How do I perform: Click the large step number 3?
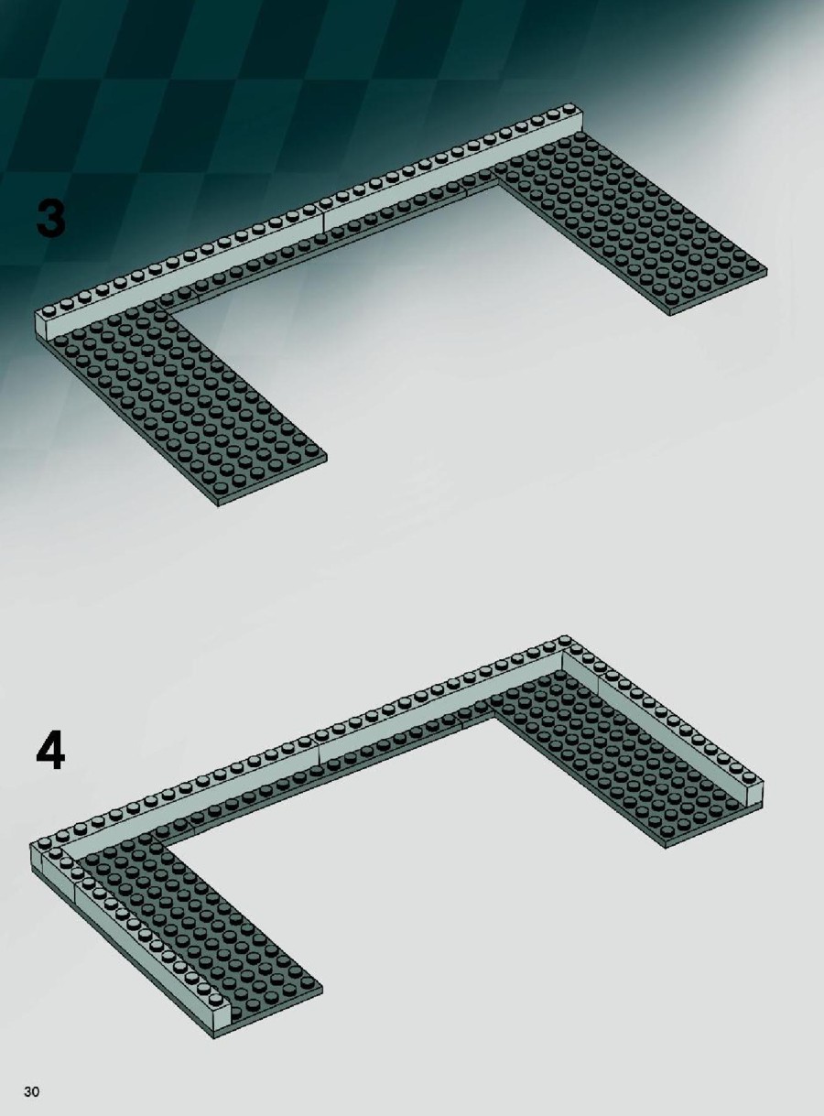(51, 219)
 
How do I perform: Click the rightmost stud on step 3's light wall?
(569, 108)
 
